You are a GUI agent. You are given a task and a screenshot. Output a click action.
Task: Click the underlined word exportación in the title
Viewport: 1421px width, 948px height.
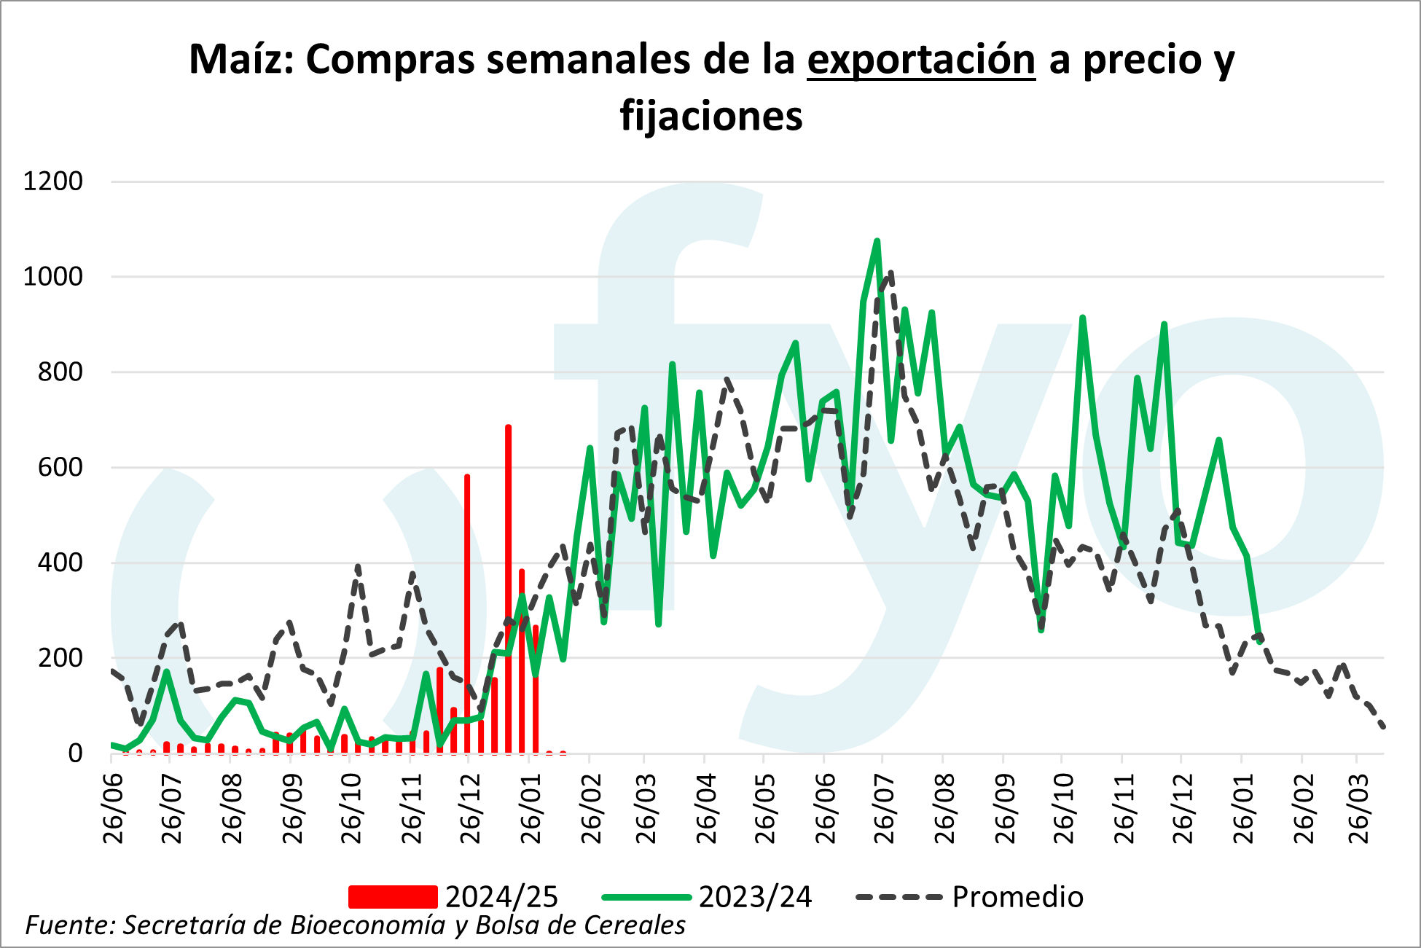[920, 60]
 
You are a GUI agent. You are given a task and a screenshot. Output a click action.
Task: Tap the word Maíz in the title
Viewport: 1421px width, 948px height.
[240, 60]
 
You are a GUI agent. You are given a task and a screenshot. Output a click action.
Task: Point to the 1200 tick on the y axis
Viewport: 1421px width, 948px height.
[53, 181]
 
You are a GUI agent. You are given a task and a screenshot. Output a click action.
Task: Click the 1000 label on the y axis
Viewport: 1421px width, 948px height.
[53, 277]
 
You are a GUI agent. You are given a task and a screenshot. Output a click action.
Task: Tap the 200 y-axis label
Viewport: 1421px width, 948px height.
[60, 658]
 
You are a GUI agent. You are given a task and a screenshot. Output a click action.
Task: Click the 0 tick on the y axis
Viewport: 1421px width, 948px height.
[75, 753]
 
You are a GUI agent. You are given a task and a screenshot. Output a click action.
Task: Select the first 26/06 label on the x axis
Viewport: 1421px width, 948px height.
[114, 810]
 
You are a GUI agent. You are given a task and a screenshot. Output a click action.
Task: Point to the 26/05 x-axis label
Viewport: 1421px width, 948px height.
[766, 810]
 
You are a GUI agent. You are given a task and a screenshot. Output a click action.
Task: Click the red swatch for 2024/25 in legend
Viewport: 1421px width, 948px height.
[392, 897]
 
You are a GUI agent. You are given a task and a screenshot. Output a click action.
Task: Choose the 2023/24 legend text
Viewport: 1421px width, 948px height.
[755, 897]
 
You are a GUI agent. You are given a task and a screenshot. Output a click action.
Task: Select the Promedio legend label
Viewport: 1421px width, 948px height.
[1017, 897]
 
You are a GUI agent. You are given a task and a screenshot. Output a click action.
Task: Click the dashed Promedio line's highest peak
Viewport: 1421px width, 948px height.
[890, 273]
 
